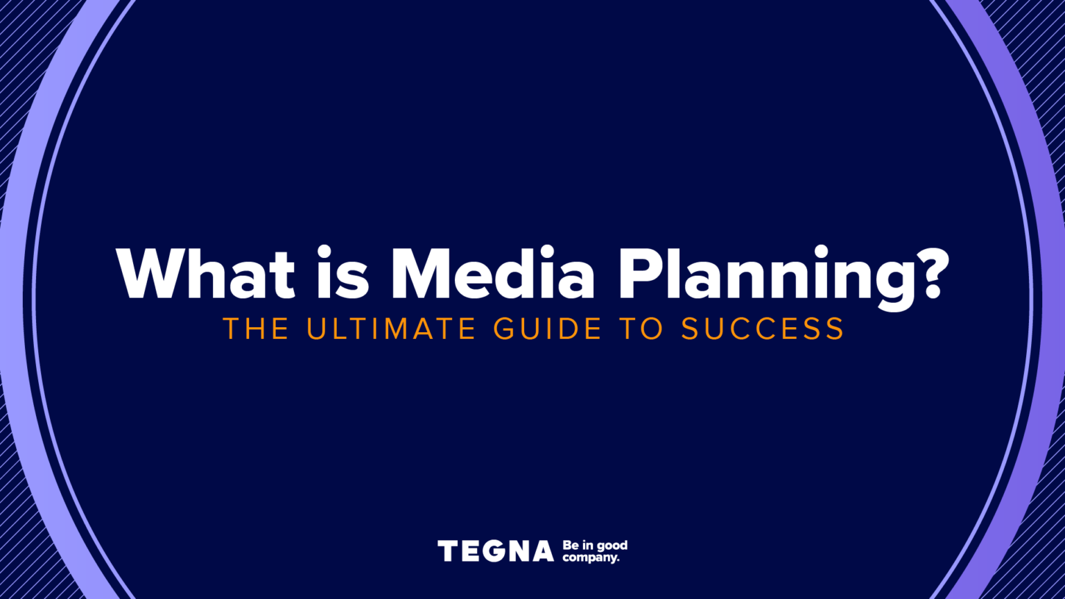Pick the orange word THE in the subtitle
coord(256,329)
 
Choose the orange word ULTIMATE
coord(391,329)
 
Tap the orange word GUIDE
coord(548,329)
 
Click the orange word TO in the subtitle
coord(642,329)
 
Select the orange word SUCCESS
coord(762,329)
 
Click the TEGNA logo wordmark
coord(496,552)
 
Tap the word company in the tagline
coord(590,558)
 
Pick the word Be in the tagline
coord(571,546)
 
